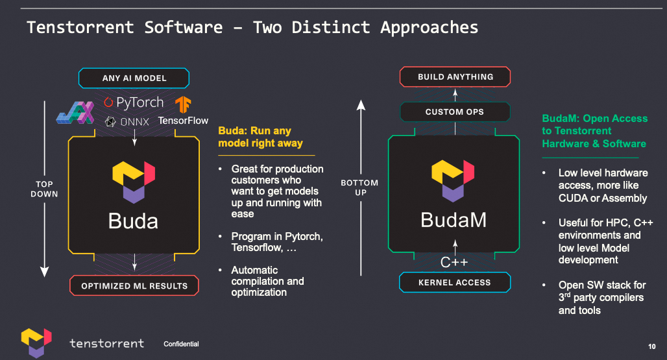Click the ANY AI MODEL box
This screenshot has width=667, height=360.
coord(134,78)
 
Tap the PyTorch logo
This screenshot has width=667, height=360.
coord(134,102)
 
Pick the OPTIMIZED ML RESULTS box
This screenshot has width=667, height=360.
coord(134,285)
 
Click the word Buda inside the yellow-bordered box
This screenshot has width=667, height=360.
coord(133,221)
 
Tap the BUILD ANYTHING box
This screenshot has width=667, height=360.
coord(455,77)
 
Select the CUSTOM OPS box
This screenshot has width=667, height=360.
coord(455,112)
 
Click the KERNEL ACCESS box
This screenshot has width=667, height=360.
coord(455,282)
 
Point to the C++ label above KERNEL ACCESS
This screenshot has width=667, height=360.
coord(454,262)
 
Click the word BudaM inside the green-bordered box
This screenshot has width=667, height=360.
coord(454,220)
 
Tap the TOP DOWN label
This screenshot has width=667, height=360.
coord(45,189)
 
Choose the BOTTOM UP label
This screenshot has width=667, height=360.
coord(359,188)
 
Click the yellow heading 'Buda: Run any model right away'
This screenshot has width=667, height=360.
coord(260,137)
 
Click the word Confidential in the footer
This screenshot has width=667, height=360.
coord(181,344)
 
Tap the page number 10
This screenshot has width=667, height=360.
coord(651,345)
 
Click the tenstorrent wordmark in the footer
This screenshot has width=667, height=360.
coord(106,342)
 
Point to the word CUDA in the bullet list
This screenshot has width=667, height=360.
coord(573,198)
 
